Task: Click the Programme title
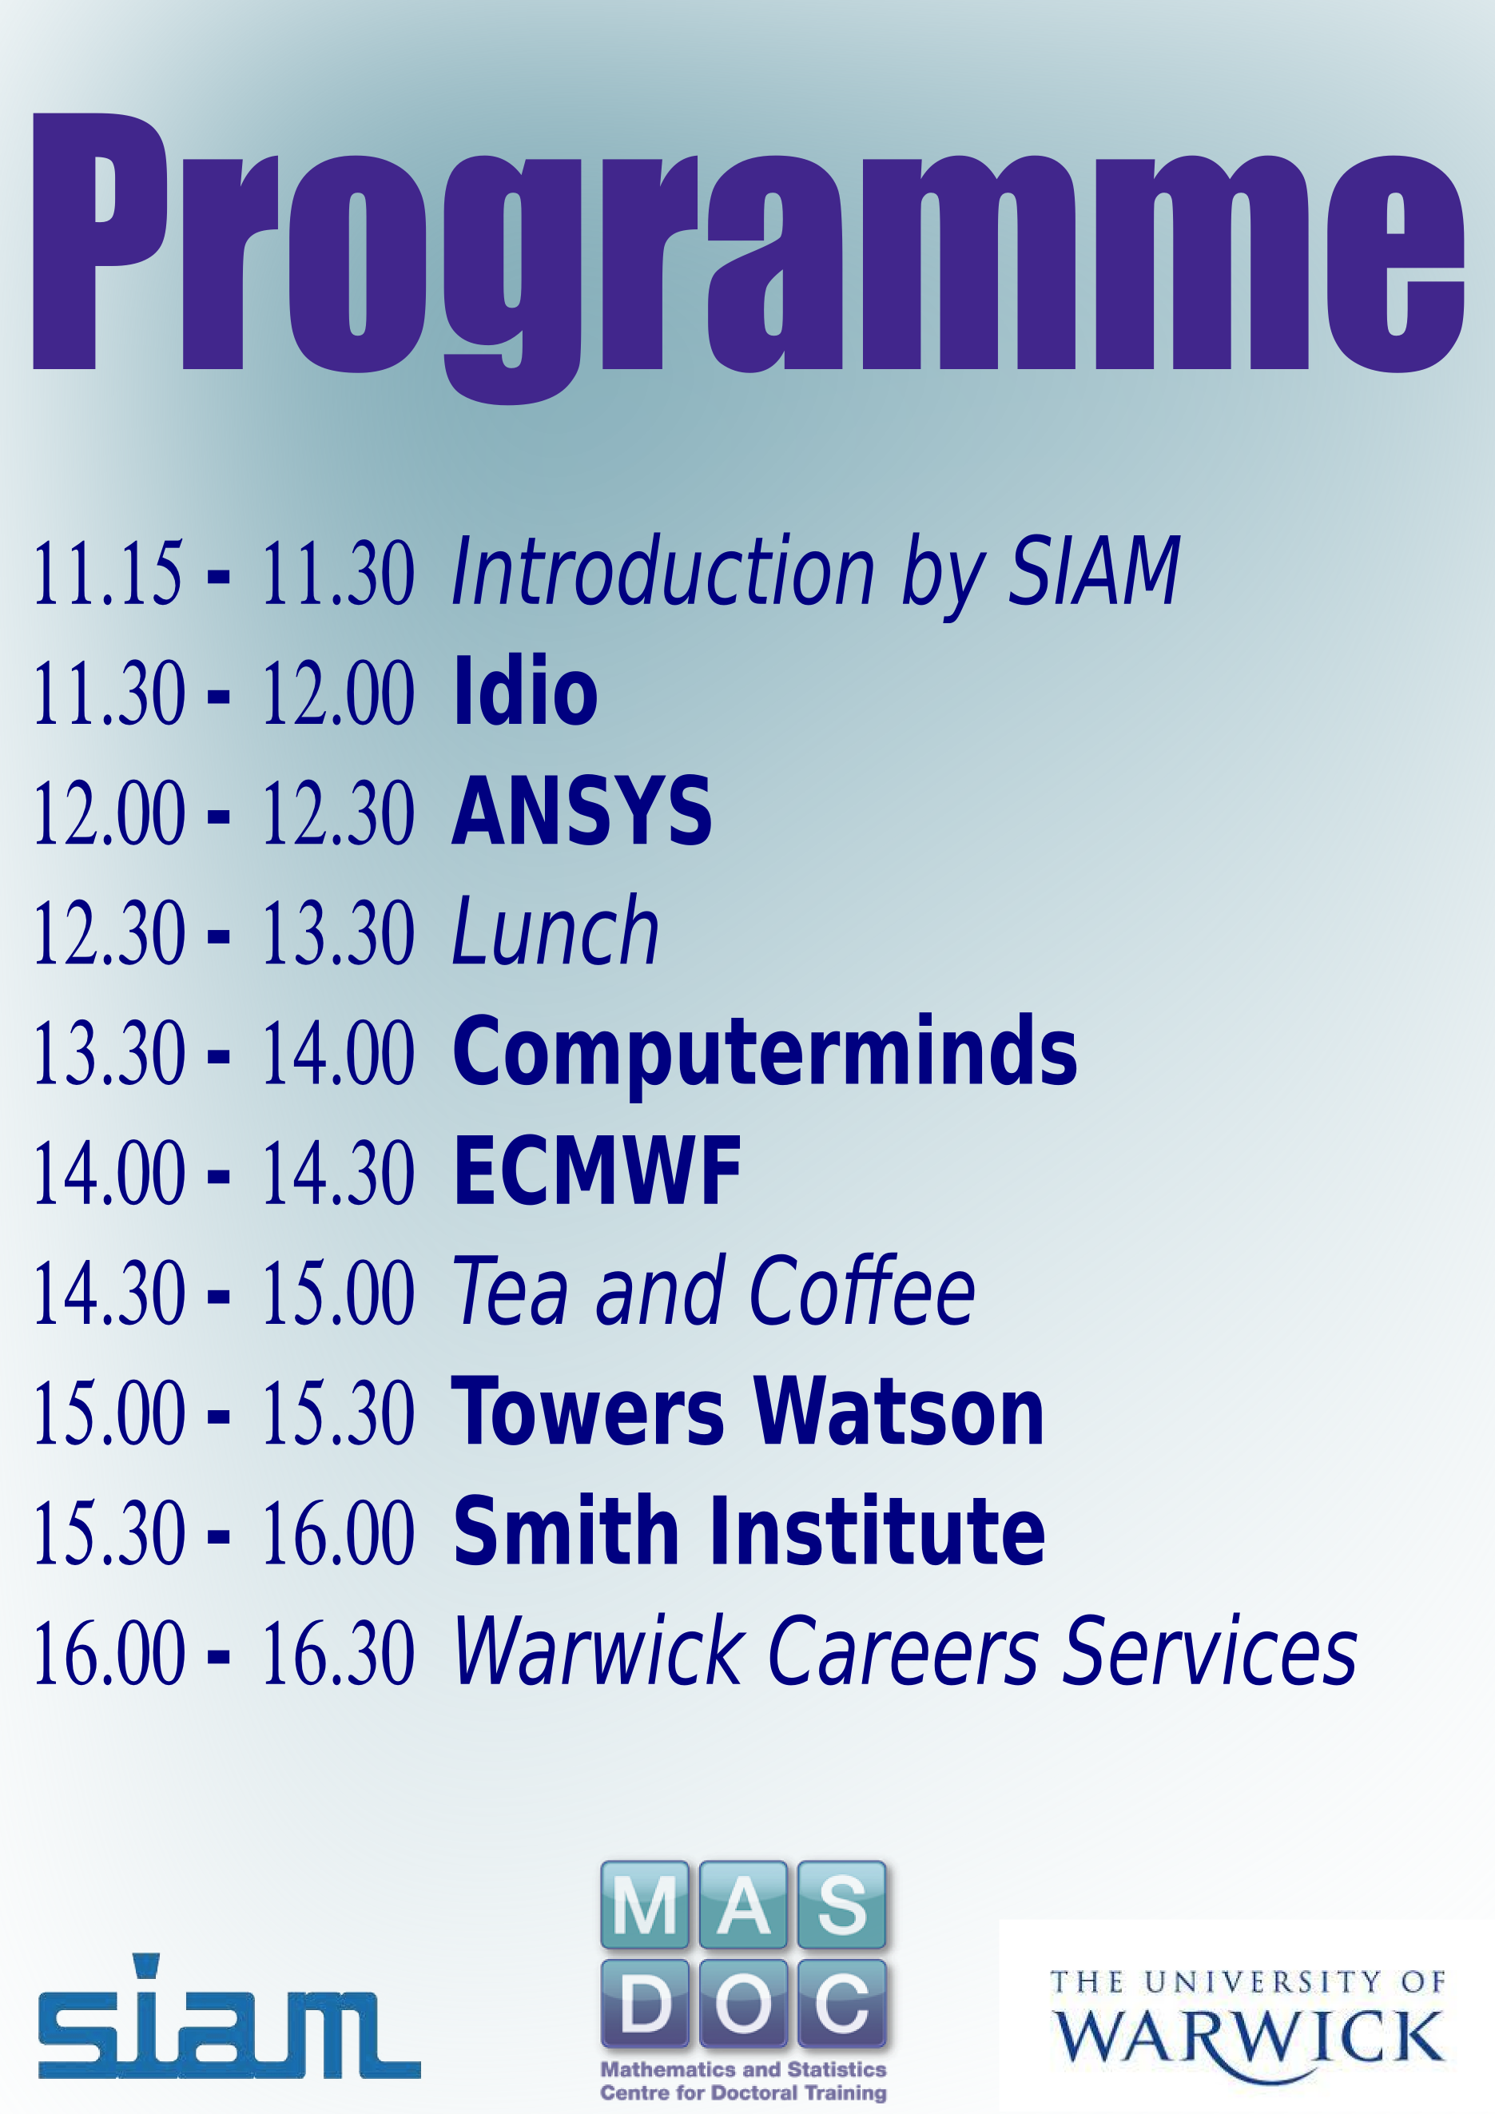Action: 748,258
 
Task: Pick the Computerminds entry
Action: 765,1052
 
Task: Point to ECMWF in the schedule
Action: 598,1171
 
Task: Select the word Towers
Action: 587,1411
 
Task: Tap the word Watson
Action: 898,1411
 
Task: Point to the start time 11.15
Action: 109,574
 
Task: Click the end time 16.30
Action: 339,1654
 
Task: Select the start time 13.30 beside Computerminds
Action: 109,1053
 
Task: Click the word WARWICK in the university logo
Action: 1249,2039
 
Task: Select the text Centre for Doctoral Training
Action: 743,2092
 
